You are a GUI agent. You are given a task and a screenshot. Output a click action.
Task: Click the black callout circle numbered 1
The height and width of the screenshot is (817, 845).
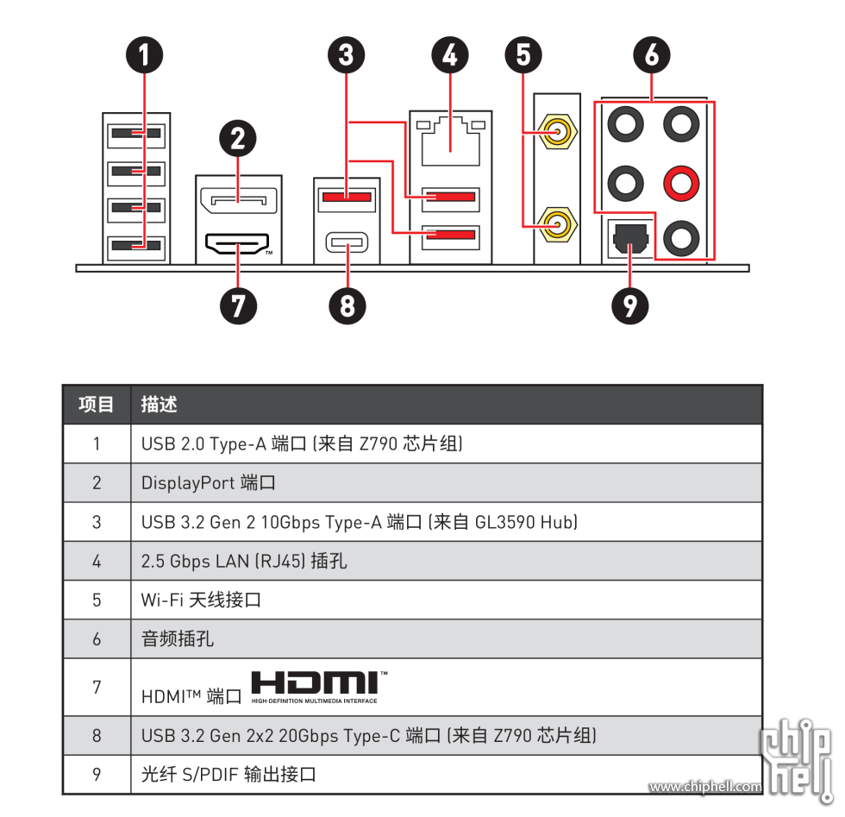click(145, 55)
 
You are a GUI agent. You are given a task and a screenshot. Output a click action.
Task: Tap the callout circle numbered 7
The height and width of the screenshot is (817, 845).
click(238, 306)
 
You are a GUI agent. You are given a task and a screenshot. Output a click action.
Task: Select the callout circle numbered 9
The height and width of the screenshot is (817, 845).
click(630, 306)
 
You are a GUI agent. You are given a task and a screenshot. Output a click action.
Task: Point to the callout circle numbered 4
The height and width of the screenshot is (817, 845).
click(450, 55)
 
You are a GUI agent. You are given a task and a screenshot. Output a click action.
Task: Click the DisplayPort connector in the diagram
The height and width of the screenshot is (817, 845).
click(238, 200)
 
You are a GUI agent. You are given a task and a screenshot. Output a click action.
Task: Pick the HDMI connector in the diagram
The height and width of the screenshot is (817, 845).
click(237, 244)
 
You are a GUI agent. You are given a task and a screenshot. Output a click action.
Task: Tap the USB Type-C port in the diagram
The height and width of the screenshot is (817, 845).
click(347, 242)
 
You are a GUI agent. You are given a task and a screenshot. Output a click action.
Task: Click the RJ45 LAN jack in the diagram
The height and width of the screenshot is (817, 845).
click(450, 141)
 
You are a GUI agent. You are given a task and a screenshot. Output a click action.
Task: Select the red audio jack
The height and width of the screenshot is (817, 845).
click(681, 184)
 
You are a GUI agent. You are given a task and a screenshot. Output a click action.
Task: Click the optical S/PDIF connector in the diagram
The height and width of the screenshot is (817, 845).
click(630, 239)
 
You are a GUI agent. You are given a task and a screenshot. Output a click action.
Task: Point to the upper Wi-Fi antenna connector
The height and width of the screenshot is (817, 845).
click(557, 131)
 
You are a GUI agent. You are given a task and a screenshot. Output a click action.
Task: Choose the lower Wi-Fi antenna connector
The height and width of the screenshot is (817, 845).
click(557, 223)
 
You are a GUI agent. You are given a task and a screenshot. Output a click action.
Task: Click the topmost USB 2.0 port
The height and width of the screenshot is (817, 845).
click(136, 134)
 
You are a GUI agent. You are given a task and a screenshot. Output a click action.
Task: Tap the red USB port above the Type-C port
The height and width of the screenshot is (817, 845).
click(347, 197)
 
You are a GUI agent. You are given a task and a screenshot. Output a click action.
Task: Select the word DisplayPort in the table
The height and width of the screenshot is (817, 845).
click(188, 483)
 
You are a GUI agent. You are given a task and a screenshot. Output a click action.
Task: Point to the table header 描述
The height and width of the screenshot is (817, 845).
click(159, 405)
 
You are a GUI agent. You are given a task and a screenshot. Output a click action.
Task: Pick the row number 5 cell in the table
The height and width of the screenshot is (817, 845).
click(97, 600)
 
